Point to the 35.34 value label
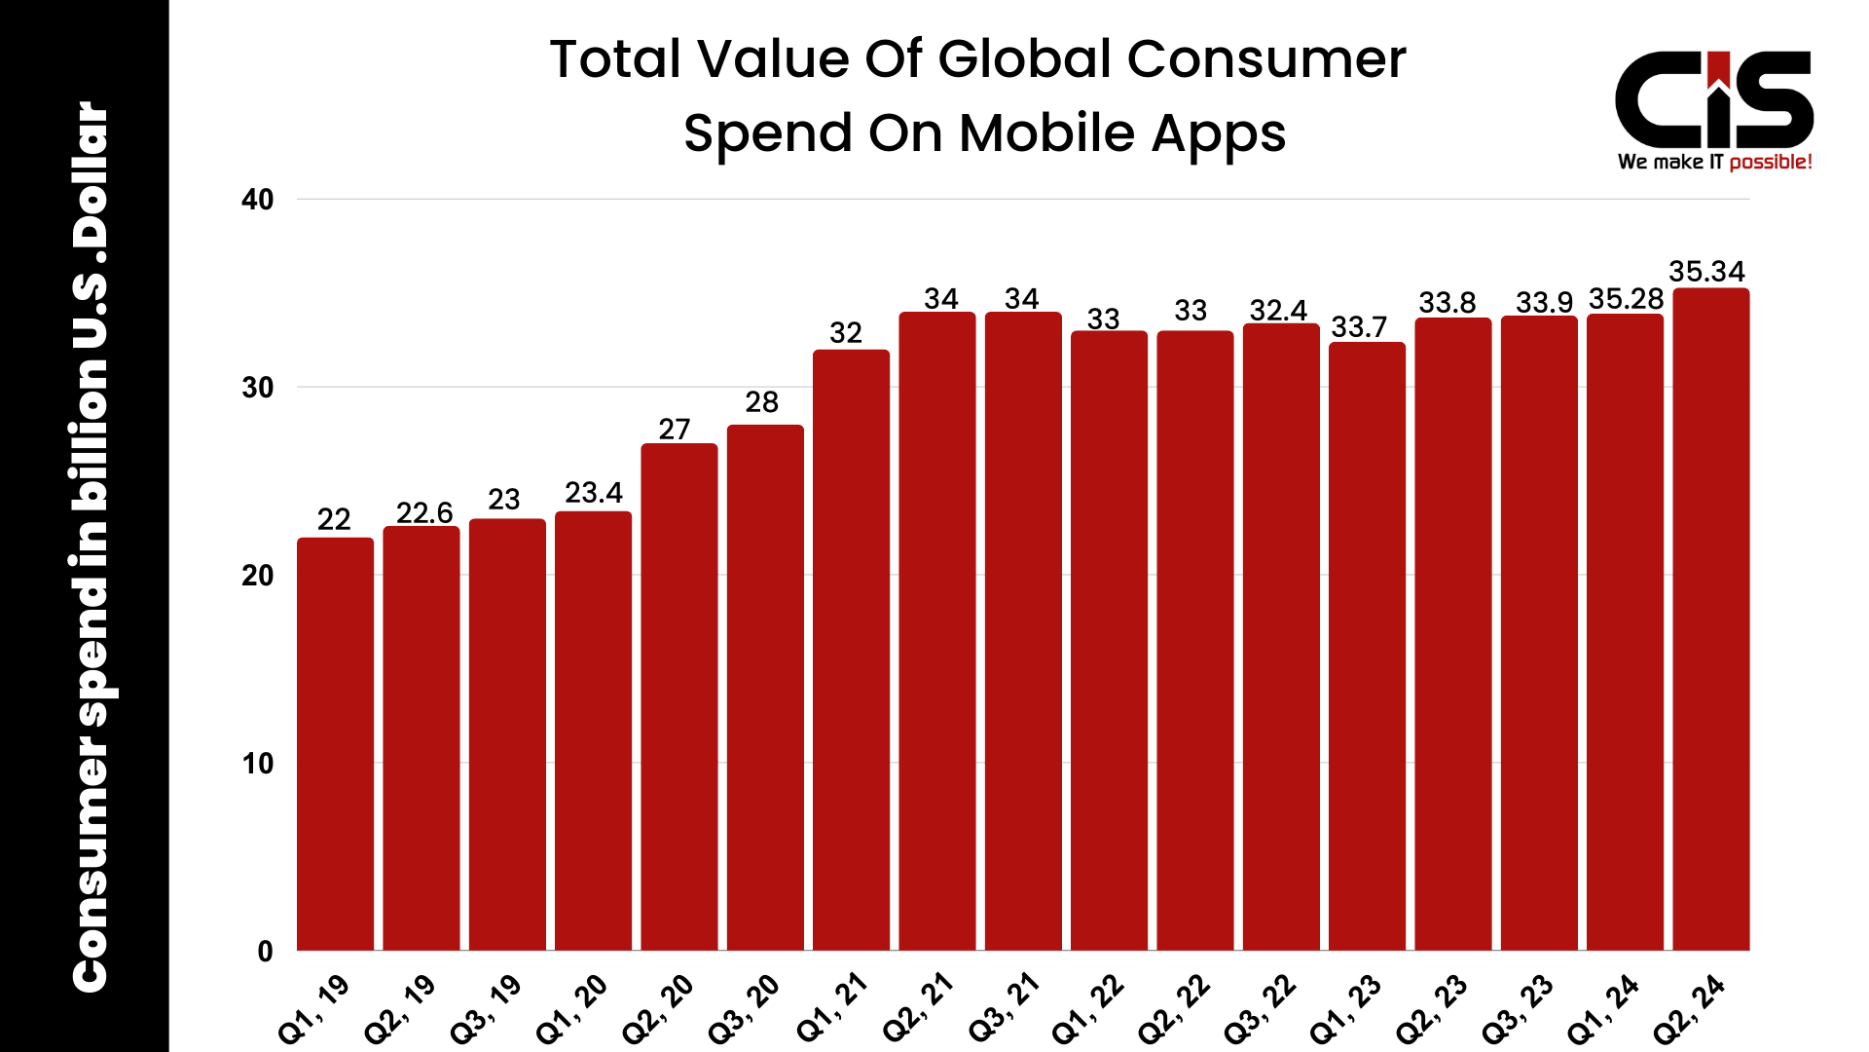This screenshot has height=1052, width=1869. [x=1706, y=271]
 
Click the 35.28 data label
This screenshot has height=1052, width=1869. [x=1626, y=299]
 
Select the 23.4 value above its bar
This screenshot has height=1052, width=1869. [x=593, y=493]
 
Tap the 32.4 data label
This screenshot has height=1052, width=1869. [x=1278, y=311]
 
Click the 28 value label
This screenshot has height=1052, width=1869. [x=761, y=402]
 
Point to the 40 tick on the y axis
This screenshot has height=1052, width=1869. [x=258, y=200]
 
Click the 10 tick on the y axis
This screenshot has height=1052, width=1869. [x=258, y=764]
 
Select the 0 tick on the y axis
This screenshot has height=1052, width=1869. [x=265, y=952]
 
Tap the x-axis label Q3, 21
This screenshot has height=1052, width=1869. [x=1004, y=1008]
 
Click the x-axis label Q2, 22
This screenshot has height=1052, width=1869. [x=1174, y=1008]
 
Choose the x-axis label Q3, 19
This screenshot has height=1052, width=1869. [x=486, y=1008]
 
